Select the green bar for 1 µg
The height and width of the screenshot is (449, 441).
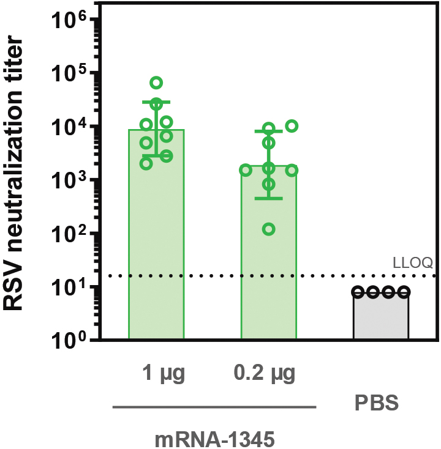coord(156,245)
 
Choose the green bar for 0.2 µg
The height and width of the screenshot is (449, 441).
coord(269,263)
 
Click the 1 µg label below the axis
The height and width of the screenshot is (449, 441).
coord(156,373)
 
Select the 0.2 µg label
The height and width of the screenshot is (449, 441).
coord(269,373)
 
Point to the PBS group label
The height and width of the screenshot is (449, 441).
coord(377,404)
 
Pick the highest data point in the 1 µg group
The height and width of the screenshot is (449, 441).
coord(156,82)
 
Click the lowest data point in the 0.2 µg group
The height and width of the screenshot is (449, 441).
coord(268,229)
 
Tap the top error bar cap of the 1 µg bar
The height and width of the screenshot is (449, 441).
coord(156,102)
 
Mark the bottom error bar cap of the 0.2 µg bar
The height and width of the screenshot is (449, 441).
coord(269,198)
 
